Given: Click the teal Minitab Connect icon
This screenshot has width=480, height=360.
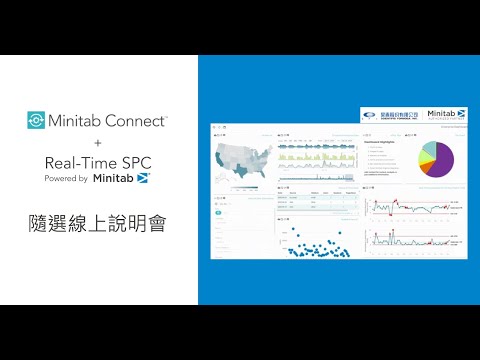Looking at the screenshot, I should click(36, 121).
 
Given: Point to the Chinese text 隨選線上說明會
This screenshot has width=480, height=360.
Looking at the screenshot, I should click(97, 222).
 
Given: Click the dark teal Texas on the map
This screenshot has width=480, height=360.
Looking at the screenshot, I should click(240, 173).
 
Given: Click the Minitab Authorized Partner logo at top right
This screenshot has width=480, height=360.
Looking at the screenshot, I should click(446, 116).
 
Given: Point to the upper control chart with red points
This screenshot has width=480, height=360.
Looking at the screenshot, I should click(411, 207).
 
